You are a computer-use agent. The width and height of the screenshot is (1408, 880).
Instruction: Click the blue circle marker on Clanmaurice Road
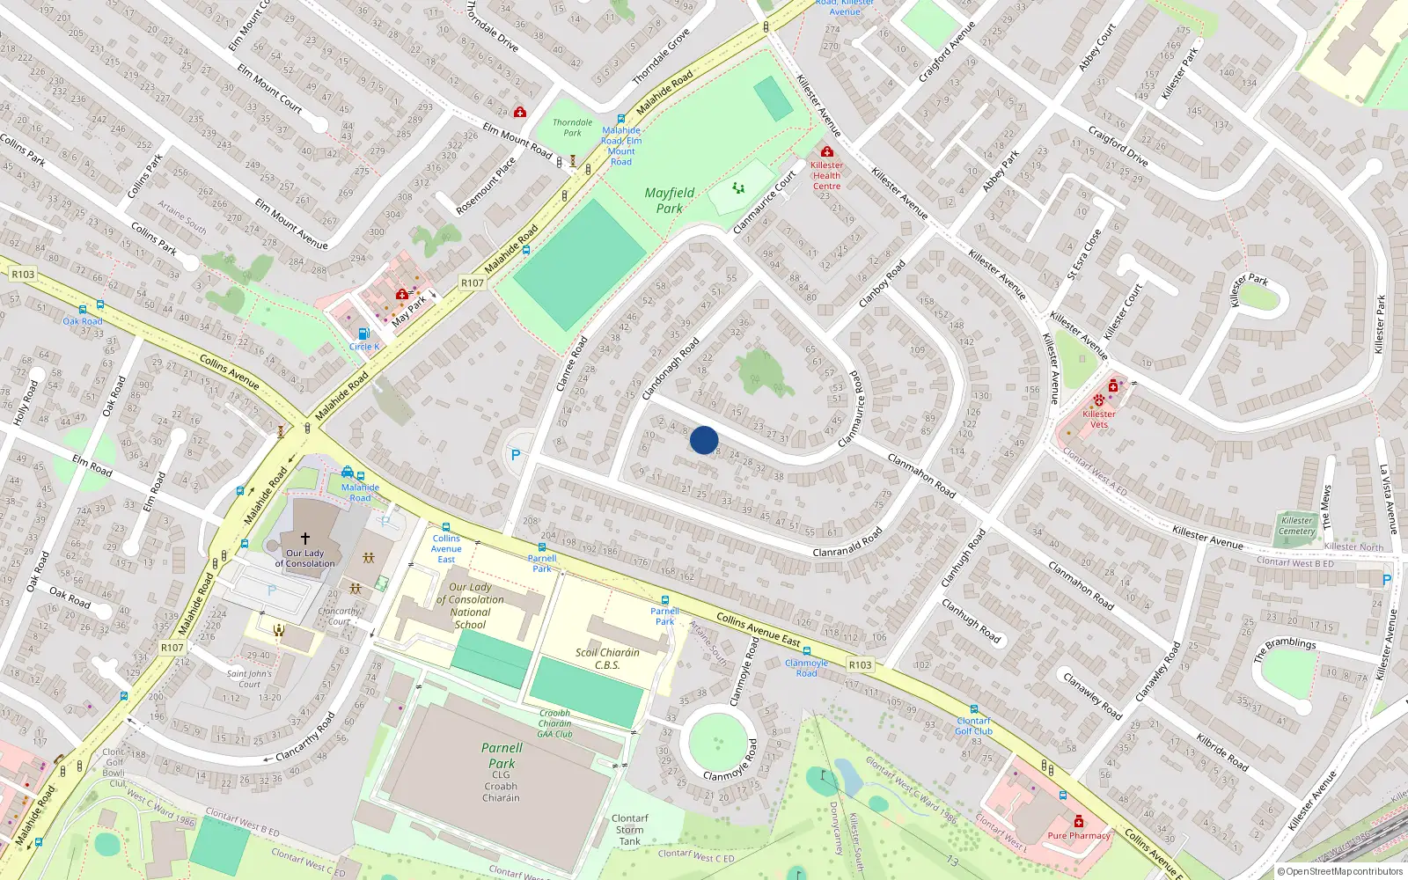pyautogui.click(x=704, y=440)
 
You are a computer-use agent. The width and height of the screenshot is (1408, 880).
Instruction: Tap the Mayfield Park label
pyautogui.click(x=670, y=201)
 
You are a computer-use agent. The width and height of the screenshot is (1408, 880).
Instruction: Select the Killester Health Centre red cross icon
pyautogui.click(x=826, y=152)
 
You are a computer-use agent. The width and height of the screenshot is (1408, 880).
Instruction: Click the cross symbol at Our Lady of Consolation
pyautogui.click(x=305, y=538)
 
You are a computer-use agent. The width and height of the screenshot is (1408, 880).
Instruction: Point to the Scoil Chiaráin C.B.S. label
pyautogui.click(x=607, y=659)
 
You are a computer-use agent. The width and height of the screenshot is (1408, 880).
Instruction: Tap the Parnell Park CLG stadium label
pyautogui.click(x=502, y=762)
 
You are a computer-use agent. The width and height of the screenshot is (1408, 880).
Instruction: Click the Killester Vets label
pyautogui.click(x=1099, y=419)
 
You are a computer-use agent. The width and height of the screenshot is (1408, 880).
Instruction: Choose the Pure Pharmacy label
pyautogui.click(x=1079, y=836)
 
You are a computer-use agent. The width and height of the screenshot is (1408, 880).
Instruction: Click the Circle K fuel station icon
pyautogui.click(x=363, y=334)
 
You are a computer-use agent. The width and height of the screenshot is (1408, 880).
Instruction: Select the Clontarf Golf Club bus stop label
pyautogui.click(x=973, y=726)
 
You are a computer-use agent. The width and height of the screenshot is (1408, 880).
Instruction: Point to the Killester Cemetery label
pyautogui.click(x=1296, y=526)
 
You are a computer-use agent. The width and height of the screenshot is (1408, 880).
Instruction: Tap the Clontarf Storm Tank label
pyautogui.click(x=629, y=830)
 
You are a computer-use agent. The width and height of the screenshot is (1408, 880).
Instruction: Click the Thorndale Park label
pyautogui.click(x=572, y=128)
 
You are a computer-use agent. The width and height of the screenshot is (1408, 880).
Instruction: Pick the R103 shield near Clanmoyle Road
pyautogui.click(x=860, y=664)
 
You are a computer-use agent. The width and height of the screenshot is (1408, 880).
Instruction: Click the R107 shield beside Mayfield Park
pyautogui.click(x=473, y=283)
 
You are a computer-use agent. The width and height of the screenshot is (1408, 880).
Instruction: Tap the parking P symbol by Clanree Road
pyautogui.click(x=516, y=455)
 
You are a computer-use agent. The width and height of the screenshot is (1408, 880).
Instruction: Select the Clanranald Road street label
pyautogui.click(x=847, y=543)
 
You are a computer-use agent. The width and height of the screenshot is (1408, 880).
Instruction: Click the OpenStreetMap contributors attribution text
pyautogui.click(x=1340, y=872)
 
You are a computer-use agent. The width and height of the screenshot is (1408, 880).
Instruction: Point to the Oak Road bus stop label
pyautogui.click(x=83, y=321)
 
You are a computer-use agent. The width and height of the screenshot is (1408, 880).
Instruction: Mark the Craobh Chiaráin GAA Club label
pyautogui.click(x=555, y=723)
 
